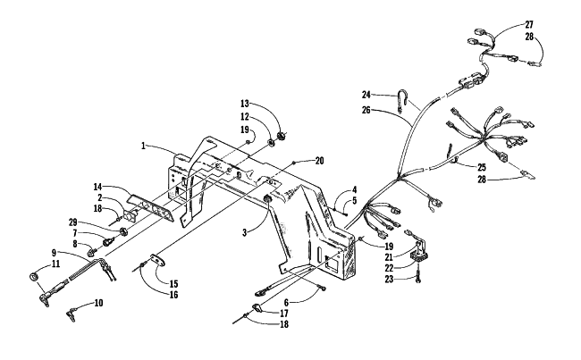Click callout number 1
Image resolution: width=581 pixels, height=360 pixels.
[143, 146]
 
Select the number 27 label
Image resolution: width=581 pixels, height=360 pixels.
[529, 25]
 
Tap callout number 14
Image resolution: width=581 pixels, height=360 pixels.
[97, 187]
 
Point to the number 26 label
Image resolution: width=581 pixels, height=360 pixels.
[366, 110]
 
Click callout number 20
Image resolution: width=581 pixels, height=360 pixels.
[319, 161]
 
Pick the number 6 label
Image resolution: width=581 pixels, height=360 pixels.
[286, 302]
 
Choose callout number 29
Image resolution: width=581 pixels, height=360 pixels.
[72, 222]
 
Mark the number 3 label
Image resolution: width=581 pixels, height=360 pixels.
[244, 233]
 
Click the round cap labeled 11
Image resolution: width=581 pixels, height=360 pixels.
[34, 276]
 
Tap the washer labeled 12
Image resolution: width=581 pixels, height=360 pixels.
[271, 141]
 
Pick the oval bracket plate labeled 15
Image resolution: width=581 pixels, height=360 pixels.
[158, 260]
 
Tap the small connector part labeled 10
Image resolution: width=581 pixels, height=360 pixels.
[72, 314]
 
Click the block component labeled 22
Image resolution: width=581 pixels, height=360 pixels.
[417, 255]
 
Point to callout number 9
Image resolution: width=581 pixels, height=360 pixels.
[54, 253]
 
